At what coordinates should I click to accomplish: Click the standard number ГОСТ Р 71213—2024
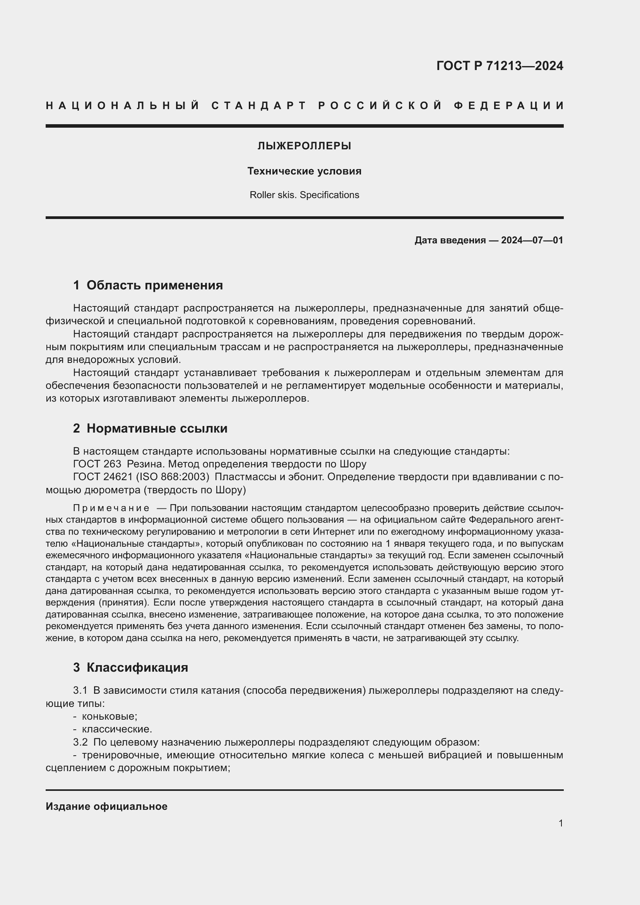(499, 66)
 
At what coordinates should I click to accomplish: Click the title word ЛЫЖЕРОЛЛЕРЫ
(304, 146)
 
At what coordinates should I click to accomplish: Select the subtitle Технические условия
(304, 171)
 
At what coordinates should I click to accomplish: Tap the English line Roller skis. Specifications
(304, 195)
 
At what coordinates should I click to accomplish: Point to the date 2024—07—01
(532, 240)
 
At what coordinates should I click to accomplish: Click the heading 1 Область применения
(148, 286)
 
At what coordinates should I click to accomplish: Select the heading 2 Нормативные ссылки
(150, 428)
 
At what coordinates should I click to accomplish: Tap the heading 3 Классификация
(130, 668)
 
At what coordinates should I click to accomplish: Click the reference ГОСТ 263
(97, 464)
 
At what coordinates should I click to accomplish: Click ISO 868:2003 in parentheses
(172, 477)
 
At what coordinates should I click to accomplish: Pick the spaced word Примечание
(111, 508)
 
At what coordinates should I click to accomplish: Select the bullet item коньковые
(109, 717)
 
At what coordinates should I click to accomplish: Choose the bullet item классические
(116, 730)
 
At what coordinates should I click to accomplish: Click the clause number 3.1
(80, 691)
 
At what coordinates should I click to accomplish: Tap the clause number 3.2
(80, 742)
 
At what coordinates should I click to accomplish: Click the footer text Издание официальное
(106, 807)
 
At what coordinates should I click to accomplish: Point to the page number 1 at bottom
(560, 823)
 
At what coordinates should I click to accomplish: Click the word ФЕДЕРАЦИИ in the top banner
(509, 106)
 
